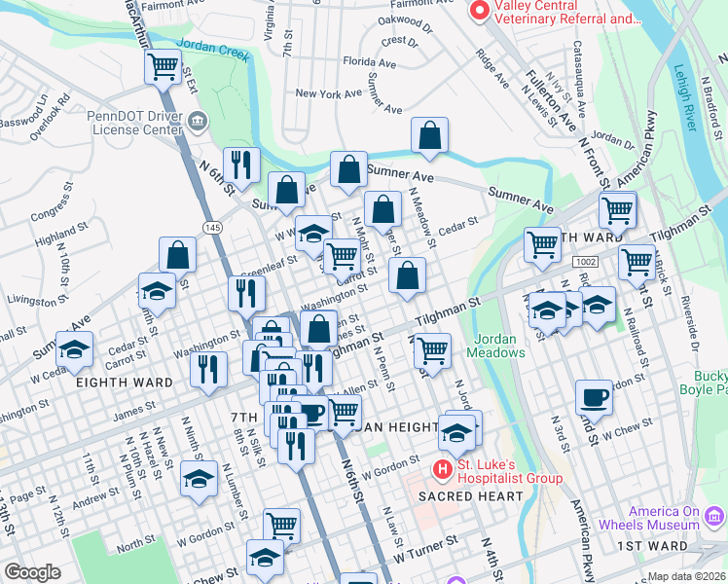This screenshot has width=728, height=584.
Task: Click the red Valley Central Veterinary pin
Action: click(479, 11)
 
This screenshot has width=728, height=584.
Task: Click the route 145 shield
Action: click(212, 226)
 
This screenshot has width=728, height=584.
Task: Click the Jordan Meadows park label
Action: click(500, 346)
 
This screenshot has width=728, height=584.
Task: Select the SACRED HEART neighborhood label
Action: click(470, 496)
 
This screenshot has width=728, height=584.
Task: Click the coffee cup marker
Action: click(593, 397)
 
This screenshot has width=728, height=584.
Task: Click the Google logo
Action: click(32, 572)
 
